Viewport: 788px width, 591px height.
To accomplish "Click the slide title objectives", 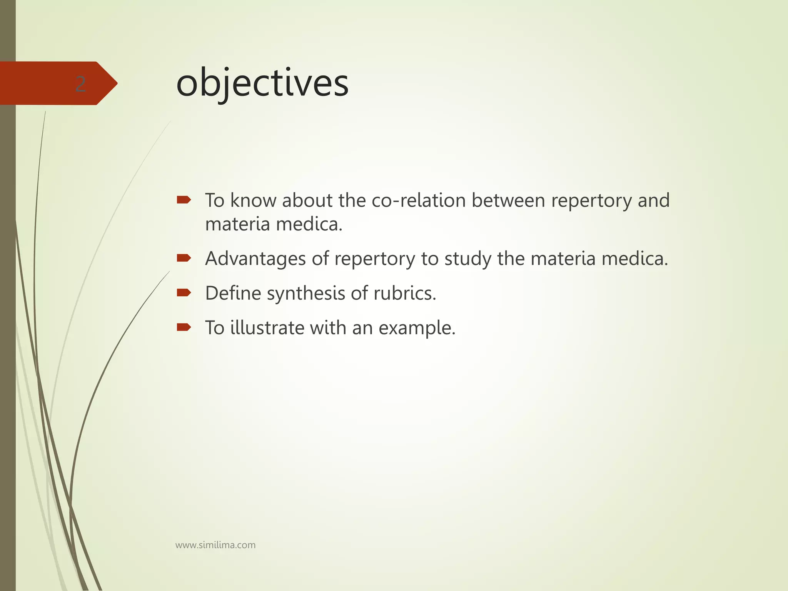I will tap(262, 84).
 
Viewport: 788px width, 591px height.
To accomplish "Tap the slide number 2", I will tap(80, 84).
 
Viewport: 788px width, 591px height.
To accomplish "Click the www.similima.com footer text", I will tap(215, 545).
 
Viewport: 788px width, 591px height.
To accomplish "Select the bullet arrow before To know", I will tap(184, 200).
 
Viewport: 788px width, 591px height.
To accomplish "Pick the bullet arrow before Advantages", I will tap(184, 258).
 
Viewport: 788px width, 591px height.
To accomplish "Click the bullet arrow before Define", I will tap(184, 293).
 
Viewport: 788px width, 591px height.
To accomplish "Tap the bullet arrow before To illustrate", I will tap(184, 327).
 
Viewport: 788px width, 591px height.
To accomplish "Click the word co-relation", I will tap(419, 200).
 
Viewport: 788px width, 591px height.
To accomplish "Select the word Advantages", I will tap(255, 259).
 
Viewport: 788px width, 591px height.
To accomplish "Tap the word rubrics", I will tap(405, 294).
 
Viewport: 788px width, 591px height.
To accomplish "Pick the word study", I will tap(468, 259).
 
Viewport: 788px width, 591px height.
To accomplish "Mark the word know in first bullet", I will tap(253, 200).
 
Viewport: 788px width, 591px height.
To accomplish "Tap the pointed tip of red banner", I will tap(116, 83).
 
